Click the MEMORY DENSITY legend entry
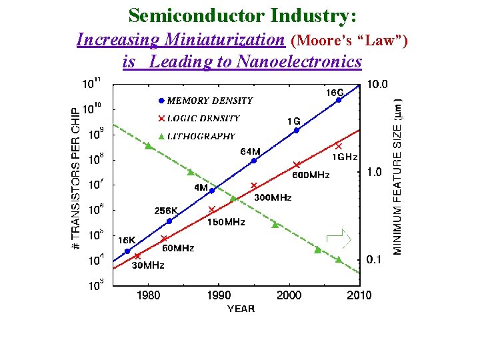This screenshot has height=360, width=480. (x=209, y=101)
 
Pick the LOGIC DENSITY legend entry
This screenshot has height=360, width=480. (x=203, y=118)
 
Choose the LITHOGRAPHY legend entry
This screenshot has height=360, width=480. (x=201, y=136)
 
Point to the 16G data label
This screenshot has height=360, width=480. (x=335, y=92)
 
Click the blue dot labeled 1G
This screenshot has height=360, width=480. (x=296, y=131)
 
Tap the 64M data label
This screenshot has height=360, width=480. (x=250, y=151)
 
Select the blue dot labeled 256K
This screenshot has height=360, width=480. (x=169, y=221)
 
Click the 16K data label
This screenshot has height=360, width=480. (x=127, y=239)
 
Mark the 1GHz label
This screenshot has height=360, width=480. (x=345, y=157)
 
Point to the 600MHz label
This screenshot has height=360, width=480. (x=311, y=175)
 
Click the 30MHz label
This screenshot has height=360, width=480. (x=148, y=265)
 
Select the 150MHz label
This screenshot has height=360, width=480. (x=226, y=222)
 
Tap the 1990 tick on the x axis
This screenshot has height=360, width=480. (x=218, y=295)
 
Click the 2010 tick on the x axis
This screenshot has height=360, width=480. (x=359, y=295)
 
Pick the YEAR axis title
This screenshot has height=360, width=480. (x=240, y=309)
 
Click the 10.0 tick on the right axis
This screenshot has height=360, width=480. (x=377, y=85)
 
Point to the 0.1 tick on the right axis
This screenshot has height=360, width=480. (x=375, y=260)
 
